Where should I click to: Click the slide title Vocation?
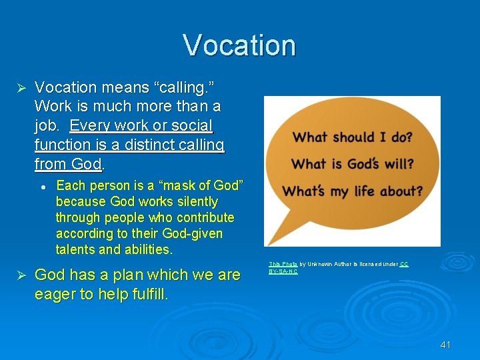(239, 45)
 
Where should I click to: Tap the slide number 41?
(446, 345)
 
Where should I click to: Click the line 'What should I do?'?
(353, 138)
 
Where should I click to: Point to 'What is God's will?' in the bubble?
(353, 164)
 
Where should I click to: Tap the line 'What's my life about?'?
(353, 191)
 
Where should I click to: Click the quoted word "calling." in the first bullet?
(185, 87)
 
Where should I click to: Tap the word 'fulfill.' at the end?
(145, 294)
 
